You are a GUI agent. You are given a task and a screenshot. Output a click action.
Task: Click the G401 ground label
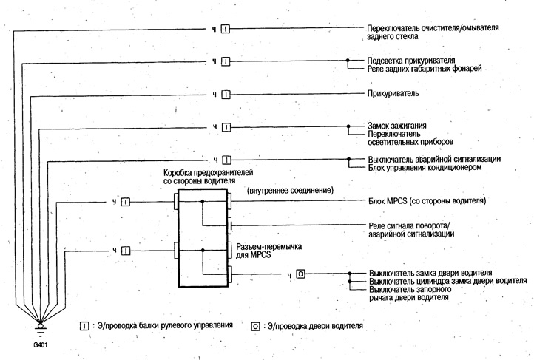coord(41,344)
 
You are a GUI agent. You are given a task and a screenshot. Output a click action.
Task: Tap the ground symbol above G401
coord(40,326)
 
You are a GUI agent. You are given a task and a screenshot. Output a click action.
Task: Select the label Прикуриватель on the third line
coord(393,93)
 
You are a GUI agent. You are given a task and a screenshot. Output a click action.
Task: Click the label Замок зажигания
coord(396,126)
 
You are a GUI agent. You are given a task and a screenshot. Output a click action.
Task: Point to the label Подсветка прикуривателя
coord(411,61)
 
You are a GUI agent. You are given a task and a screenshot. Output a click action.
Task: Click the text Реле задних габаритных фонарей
coord(425,69)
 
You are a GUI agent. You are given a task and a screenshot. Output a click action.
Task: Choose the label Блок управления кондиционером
coord(425,167)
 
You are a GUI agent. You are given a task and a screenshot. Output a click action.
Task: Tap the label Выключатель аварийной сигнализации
coord(434,159)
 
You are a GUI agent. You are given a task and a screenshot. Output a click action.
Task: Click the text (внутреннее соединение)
coord(290,190)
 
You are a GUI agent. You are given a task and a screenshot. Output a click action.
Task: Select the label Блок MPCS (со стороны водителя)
coord(427,201)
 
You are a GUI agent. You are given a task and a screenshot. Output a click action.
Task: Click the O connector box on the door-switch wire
coord(300,274)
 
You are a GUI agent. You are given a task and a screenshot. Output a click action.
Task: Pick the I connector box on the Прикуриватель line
coord(226,95)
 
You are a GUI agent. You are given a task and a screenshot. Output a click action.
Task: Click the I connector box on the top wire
coord(226,30)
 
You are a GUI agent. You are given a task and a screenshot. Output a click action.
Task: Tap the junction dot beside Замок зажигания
coord(348,126)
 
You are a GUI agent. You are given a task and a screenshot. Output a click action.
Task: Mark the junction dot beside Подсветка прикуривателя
coord(348,61)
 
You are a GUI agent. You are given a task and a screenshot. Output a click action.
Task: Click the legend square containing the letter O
coord(255,327)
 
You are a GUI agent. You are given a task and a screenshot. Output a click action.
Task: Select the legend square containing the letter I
coord(84,326)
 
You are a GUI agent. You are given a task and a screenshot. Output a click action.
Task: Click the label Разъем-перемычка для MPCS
coord(268,251)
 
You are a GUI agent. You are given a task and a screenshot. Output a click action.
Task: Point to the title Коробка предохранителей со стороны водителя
coord(208,177)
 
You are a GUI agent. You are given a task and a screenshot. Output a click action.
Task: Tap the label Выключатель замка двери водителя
coord(430,273)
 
